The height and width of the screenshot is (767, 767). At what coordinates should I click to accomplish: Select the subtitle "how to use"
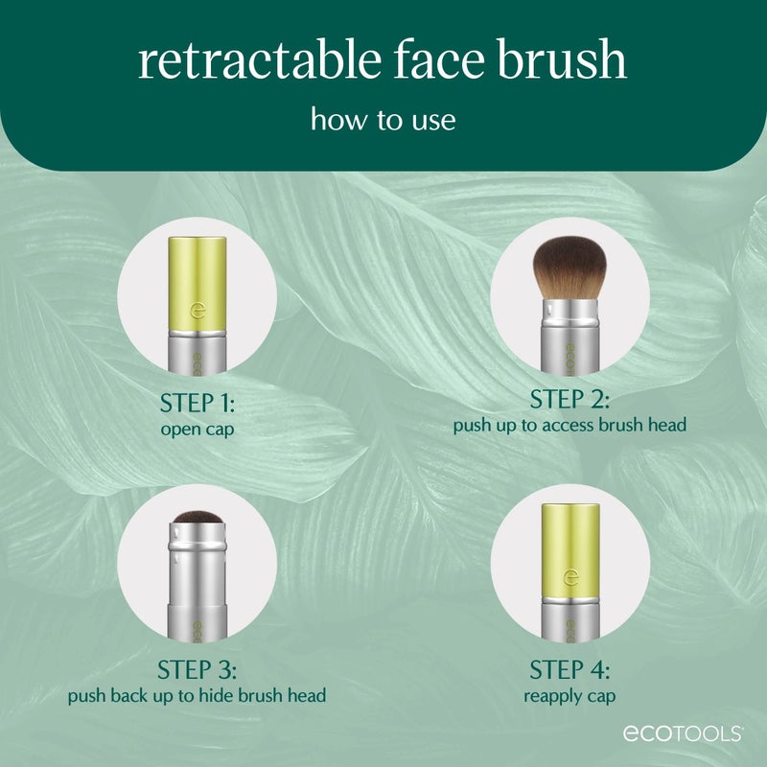coord(383,120)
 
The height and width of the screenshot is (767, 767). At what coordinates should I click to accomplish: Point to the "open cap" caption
coord(196,429)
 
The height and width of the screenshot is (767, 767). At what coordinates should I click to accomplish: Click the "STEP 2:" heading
coord(569,400)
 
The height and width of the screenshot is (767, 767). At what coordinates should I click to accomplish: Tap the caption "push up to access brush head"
coord(569,425)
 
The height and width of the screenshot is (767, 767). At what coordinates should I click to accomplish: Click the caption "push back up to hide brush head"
coord(196,694)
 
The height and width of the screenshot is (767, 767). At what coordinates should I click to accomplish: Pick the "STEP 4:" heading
coord(569,668)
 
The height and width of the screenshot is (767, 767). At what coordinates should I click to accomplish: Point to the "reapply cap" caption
coord(569,694)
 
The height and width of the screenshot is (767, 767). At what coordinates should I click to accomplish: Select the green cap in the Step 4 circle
coord(569,551)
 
